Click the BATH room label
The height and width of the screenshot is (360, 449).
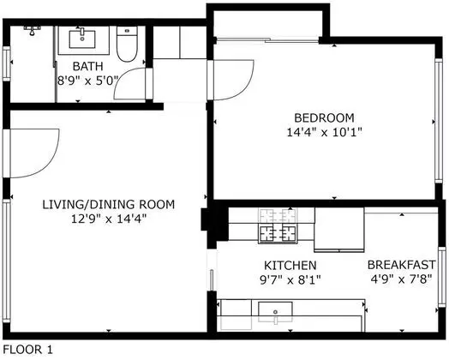coord(87,66)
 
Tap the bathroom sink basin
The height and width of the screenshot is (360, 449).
coord(82,39)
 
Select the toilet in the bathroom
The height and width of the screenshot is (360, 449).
coord(127,44)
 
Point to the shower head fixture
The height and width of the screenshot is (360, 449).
coord(32,30)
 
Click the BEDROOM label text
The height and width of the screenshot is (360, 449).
coord(324,117)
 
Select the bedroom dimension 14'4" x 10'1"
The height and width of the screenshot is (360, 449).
coord(325,132)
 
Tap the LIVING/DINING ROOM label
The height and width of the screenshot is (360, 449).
coord(109,205)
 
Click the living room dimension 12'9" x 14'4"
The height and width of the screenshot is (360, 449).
coord(109,219)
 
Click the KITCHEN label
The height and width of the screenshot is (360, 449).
coord(290,266)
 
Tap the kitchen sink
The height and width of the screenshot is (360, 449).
coord(275,312)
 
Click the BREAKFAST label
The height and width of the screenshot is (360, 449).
coord(402,265)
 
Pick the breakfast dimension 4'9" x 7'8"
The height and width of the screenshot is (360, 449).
coord(401,279)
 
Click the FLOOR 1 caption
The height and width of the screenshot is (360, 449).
coord(27,350)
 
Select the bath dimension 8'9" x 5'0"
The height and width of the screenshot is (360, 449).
coord(87,81)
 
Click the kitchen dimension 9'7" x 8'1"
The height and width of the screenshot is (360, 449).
coord(290,279)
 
